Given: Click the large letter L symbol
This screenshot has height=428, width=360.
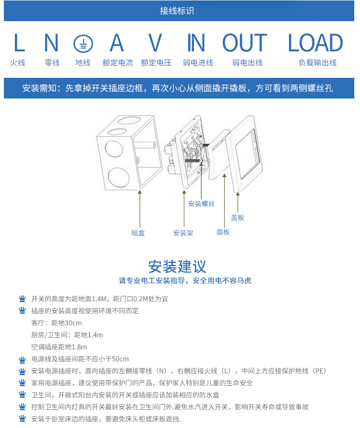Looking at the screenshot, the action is click(19, 43).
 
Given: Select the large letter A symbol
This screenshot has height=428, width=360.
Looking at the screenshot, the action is click(117, 43).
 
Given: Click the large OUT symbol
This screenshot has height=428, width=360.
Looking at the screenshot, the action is click(245, 43).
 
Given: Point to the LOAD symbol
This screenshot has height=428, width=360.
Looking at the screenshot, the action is click(315, 43).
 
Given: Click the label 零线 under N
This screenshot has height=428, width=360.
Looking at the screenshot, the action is click(52, 63).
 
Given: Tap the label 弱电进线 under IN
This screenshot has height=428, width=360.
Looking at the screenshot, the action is click(198, 63).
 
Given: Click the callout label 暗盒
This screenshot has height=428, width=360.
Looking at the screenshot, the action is click(138, 233).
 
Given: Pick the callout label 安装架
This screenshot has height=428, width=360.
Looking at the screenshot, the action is click(183, 233).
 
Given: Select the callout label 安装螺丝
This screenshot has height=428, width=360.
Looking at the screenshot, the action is click(201, 204).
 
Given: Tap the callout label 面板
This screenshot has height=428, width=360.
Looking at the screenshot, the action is click(223, 232).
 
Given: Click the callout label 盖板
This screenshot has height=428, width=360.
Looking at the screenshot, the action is click(238, 218).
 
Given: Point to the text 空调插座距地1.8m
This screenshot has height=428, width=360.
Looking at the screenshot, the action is click(59, 347).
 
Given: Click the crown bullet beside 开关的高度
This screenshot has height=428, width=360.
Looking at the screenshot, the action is click(22, 298).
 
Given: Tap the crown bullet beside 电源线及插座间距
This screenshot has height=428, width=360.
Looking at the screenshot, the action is click(22, 359).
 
